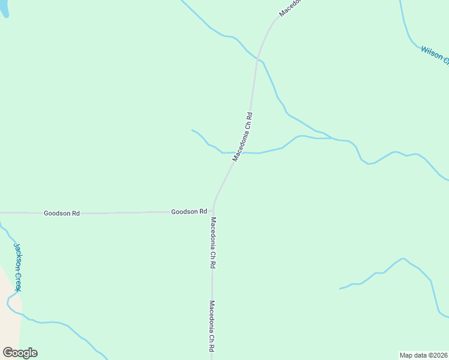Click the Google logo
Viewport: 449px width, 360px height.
(20, 353)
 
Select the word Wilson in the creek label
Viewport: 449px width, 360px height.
(431, 52)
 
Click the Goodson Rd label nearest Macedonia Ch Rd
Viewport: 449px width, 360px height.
(189, 212)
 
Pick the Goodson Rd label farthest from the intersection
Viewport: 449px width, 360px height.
(61, 213)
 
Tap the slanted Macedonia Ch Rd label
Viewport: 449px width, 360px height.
(243, 136)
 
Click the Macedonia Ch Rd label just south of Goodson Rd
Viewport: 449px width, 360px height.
(212, 242)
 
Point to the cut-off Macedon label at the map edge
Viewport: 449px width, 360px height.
(291, 8)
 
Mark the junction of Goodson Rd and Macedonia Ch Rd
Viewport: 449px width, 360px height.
(213, 212)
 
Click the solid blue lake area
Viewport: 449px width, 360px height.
(3, 7)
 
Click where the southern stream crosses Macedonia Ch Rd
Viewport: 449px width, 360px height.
(236, 152)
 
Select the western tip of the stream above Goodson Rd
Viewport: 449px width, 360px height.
(192, 130)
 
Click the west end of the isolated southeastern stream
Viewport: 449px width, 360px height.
(340, 289)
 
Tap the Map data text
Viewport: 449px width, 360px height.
(413, 355)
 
